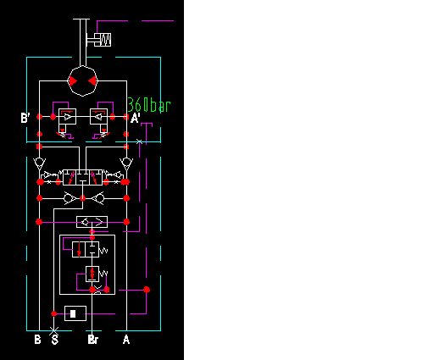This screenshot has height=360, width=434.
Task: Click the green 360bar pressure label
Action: coord(149,106)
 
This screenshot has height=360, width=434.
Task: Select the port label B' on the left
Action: coord(26,119)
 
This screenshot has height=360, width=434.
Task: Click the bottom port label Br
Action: coord(93,341)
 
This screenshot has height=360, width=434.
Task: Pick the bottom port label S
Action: coord(55,341)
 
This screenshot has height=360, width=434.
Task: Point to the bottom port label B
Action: coord(36,341)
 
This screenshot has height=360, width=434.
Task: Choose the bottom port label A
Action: coord(126,341)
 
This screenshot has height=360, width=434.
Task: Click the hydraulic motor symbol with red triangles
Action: coord(83,80)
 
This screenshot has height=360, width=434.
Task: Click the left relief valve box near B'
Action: coord(66,116)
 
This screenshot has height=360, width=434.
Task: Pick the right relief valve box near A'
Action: coord(100,116)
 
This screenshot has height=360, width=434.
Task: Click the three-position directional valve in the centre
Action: coord(83,177)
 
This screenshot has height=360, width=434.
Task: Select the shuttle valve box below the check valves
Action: coord(92,222)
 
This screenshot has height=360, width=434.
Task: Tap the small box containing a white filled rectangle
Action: coord(75,313)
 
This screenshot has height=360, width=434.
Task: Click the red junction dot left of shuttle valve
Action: coord(39,222)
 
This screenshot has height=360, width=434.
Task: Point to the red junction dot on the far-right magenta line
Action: coord(147,291)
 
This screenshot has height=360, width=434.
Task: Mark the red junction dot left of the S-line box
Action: coord(53,313)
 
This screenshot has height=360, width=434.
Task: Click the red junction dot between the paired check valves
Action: coord(83,198)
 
